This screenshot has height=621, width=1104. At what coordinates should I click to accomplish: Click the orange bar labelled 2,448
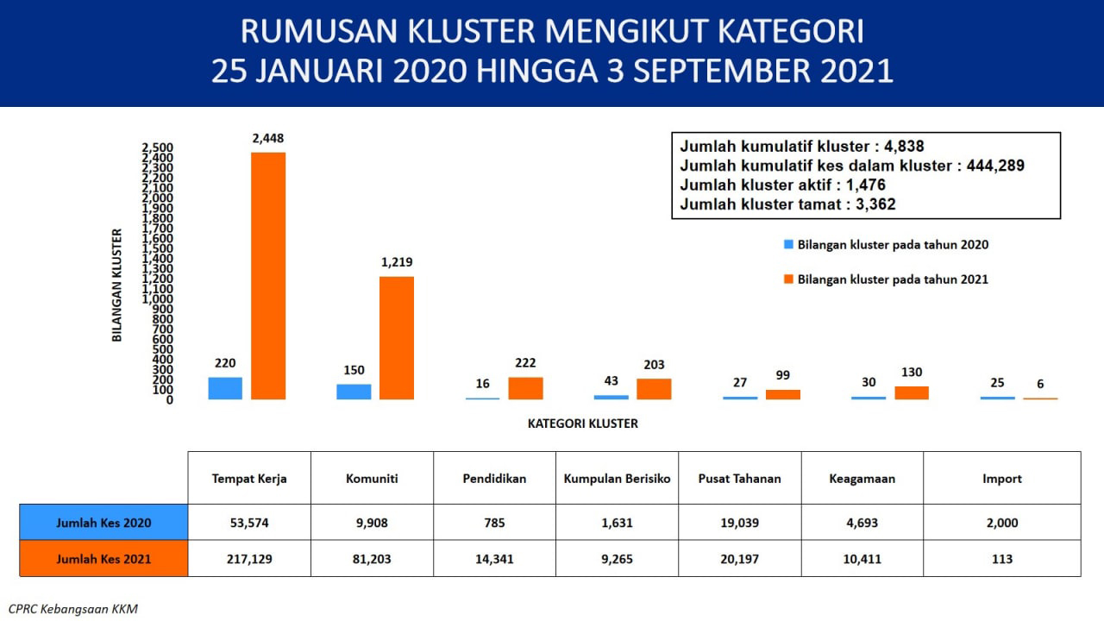268,275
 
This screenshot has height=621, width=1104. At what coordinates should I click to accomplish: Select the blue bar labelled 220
225,388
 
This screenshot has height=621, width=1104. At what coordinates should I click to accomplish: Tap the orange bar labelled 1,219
397,337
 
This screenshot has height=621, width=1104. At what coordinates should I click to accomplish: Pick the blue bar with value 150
354,392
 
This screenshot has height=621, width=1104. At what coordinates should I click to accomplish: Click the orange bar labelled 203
654,389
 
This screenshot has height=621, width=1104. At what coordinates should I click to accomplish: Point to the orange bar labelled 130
912,392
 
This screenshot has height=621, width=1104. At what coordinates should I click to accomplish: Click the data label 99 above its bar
782,375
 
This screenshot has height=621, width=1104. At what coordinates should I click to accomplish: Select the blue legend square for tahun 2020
788,244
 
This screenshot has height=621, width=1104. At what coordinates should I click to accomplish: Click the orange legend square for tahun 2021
788,279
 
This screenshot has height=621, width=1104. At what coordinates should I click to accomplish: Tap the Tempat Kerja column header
249,479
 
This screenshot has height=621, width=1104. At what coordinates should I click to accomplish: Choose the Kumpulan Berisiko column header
617,479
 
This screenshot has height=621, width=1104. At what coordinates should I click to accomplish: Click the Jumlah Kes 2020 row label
103,523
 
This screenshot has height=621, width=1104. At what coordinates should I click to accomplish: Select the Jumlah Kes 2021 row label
103,559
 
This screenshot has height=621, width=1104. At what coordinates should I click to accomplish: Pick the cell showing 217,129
249,559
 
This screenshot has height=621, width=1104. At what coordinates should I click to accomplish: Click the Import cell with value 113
1002,559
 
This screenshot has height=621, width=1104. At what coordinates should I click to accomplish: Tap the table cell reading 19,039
740,523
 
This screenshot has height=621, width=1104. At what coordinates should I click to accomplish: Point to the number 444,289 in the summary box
995,166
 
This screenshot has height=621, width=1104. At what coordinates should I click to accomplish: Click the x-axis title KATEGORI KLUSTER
582,423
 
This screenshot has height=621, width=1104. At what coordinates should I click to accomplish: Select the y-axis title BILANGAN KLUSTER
116,285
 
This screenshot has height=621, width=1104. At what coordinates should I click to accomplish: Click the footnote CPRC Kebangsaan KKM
73,609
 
